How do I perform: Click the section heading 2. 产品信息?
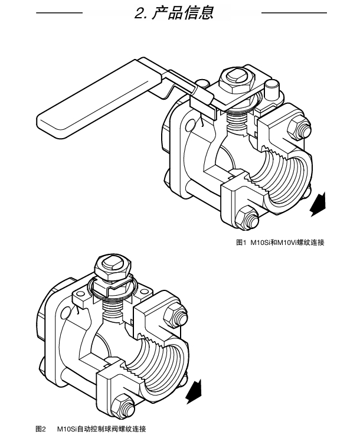click(x=174, y=13)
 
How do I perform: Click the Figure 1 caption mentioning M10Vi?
click(x=280, y=243)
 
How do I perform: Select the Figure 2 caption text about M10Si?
click(x=102, y=429)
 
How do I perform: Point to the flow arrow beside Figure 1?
click(x=318, y=204)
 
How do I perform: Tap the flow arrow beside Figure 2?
click(x=194, y=391)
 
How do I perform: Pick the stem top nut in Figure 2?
click(x=113, y=267)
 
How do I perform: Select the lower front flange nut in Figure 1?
click(x=246, y=218)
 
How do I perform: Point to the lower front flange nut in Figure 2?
click(x=123, y=407)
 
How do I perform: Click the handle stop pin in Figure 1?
click(x=271, y=89)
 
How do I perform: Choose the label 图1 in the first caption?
click(x=241, y=243)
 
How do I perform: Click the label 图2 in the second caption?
click(x=41, y=429)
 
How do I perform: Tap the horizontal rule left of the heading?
click(x=60, y=12)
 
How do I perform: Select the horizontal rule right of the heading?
click(x=294, y=12)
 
